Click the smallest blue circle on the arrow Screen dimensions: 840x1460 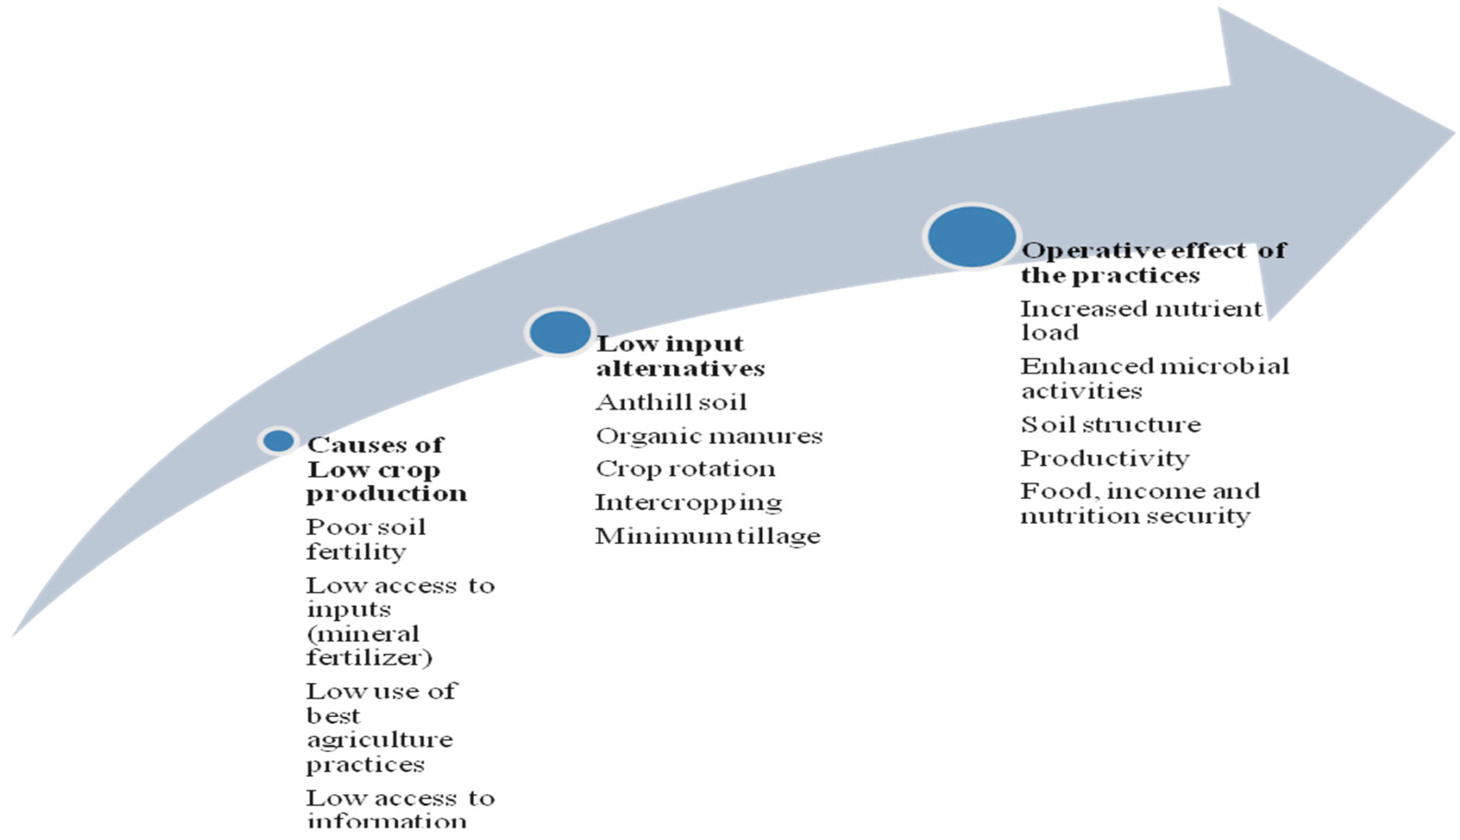click(278, 441)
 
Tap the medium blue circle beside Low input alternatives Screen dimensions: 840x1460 click(560, 332)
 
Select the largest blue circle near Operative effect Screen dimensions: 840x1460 click(972, 236)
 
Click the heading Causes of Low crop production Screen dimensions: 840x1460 click(387, 469)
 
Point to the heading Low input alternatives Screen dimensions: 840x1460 click(681, 356)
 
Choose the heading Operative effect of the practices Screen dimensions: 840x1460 click(1153, 262)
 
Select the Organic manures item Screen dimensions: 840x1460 click(709, 436)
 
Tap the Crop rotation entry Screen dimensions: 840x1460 click(686, 469)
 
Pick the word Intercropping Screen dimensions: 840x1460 click(688, 503)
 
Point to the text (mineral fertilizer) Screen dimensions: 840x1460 click(369, 646)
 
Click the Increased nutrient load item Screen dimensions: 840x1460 click(1141, 320)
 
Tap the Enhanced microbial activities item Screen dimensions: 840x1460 click(1155, 378)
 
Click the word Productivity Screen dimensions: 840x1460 click(1105, 458)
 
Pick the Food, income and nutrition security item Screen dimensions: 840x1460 click(1139, 503)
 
